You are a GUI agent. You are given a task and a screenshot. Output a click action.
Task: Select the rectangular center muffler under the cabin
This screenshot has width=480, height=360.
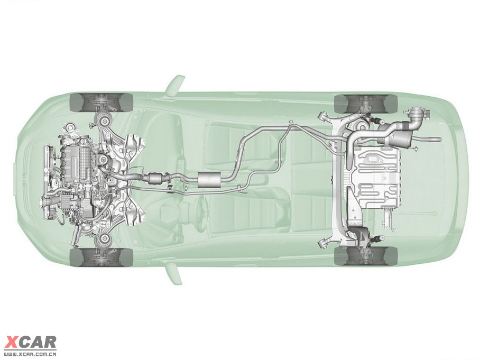coord(210,179)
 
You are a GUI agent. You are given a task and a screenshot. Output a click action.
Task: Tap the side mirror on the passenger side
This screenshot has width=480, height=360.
coord(175,84)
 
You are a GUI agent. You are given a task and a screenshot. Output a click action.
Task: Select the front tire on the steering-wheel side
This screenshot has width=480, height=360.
coord(101,257)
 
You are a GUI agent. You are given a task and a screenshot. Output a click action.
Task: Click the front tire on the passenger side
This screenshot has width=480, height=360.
coord(101,102)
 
